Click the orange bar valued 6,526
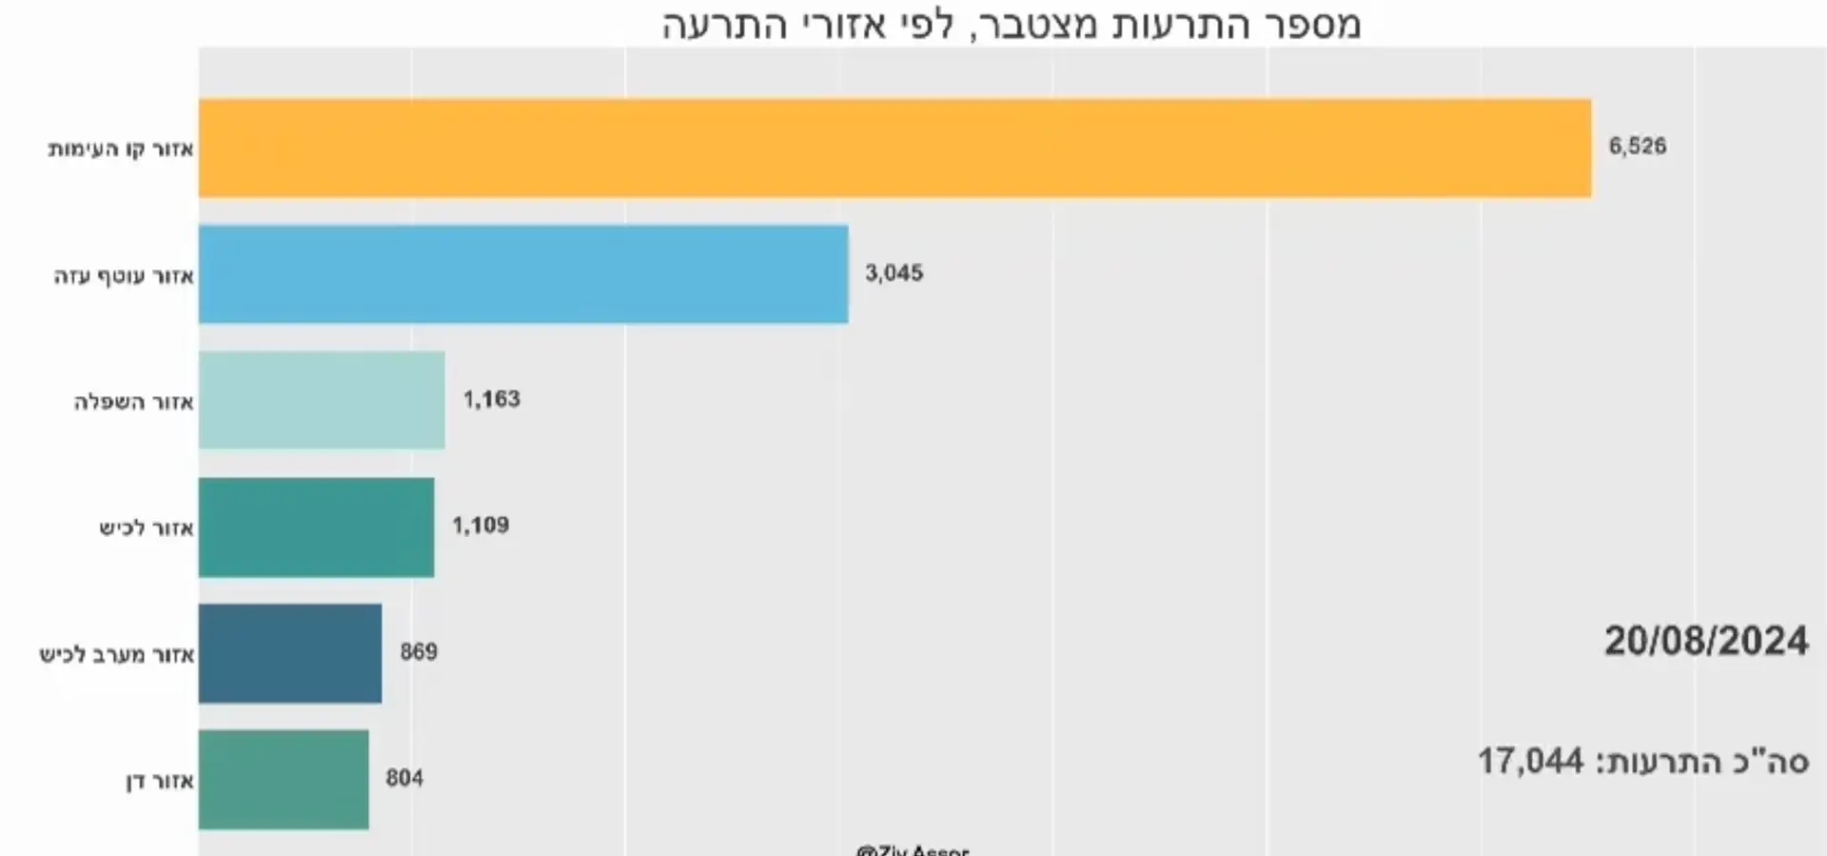point(894,149)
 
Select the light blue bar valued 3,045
point(523,274)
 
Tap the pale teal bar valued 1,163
point(322,400)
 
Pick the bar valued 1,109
point(316,528)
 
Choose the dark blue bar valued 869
point(290,653)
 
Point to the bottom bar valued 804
point(284,780)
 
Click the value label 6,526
point(1637,147)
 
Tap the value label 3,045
point(894,273)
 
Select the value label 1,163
point(491,399)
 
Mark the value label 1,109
point(481,526)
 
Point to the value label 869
point(419,652)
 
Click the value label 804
point(404,779)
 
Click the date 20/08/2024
point(1706,642)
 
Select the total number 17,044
point(1530,761)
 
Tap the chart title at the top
point(1012,25)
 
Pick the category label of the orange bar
point(121,149)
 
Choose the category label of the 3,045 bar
point(124,276)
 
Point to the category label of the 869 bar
point(116,655)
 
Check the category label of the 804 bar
point(160,782)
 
